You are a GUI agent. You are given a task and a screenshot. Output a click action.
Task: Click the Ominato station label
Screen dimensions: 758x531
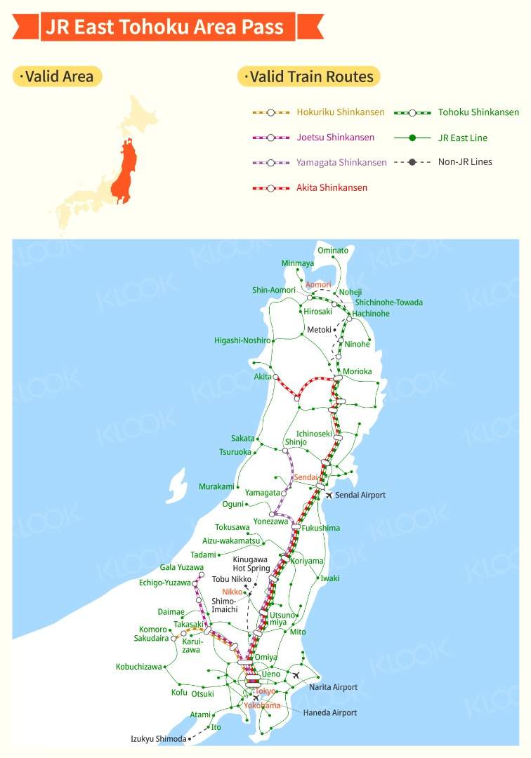tap(333, 251)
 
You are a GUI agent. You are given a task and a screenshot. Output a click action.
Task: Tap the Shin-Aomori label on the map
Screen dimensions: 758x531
tap(274, 291)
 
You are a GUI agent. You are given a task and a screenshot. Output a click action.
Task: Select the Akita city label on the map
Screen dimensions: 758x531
tap(262, 377)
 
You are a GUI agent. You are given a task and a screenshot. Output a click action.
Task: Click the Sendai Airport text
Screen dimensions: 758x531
tap(360, 496)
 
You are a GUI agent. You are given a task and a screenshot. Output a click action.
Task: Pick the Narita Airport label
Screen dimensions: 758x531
tap(334, 687)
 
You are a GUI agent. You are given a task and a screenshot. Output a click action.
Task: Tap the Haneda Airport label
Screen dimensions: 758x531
tap(330, 713)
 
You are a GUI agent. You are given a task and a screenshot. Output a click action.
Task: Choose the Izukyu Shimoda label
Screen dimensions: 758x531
tap(159, 739)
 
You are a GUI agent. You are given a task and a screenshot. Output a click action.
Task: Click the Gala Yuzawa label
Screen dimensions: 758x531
tap(181, 568)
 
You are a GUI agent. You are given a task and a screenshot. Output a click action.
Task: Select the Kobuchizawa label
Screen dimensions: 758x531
tap(139, 667)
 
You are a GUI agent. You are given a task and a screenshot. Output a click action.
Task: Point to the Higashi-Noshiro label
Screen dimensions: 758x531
tap(242, 340)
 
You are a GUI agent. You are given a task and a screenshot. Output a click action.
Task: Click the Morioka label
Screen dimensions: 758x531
tap(358, 371)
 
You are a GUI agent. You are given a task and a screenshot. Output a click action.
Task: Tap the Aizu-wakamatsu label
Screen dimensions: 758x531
tap(231, 541)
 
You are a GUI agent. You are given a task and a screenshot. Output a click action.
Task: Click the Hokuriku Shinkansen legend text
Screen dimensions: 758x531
tap(341, 112)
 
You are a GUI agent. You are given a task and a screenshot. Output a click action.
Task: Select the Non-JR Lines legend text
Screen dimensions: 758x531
tap(465, 162)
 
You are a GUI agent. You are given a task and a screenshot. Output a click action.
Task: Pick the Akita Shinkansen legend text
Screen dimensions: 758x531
tap(332, 187)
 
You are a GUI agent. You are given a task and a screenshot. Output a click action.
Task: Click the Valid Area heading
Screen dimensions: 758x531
tap(58, 77)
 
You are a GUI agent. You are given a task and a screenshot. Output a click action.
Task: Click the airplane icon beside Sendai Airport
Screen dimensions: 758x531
tap(328, 496)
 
